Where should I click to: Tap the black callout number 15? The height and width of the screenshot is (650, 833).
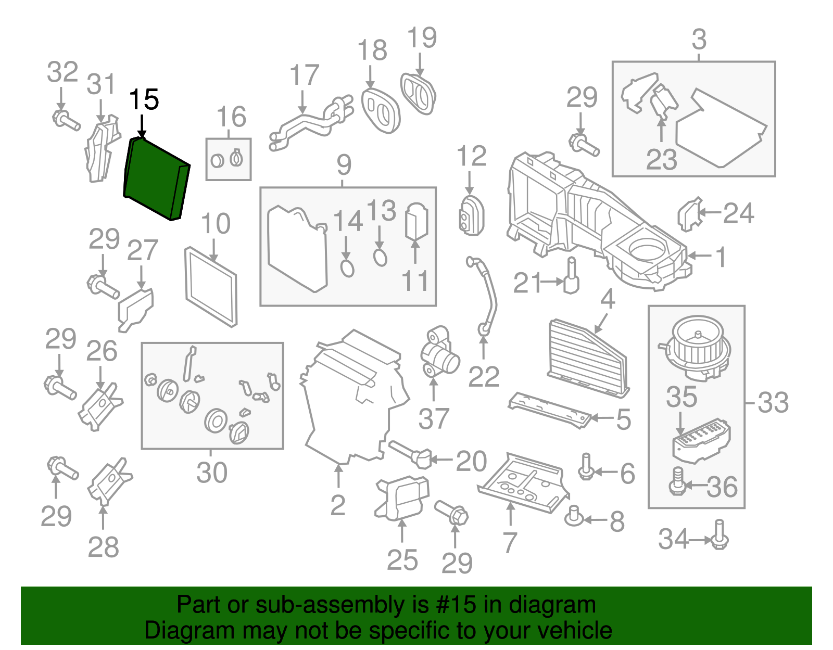(x=144, y=99)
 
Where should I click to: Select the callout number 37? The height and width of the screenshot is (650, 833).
(x=434, y=418)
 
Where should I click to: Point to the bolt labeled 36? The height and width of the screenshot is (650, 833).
(x=677, y=481)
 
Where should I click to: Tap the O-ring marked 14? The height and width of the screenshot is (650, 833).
(x=347, y=268)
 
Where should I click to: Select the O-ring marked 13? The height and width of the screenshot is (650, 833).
(x=380, y=257)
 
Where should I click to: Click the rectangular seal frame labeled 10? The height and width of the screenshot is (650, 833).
(x=211, y=287)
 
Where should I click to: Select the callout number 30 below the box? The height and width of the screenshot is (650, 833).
(x=212, y=472)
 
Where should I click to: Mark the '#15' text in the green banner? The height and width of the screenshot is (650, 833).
(x=452, y=605)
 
